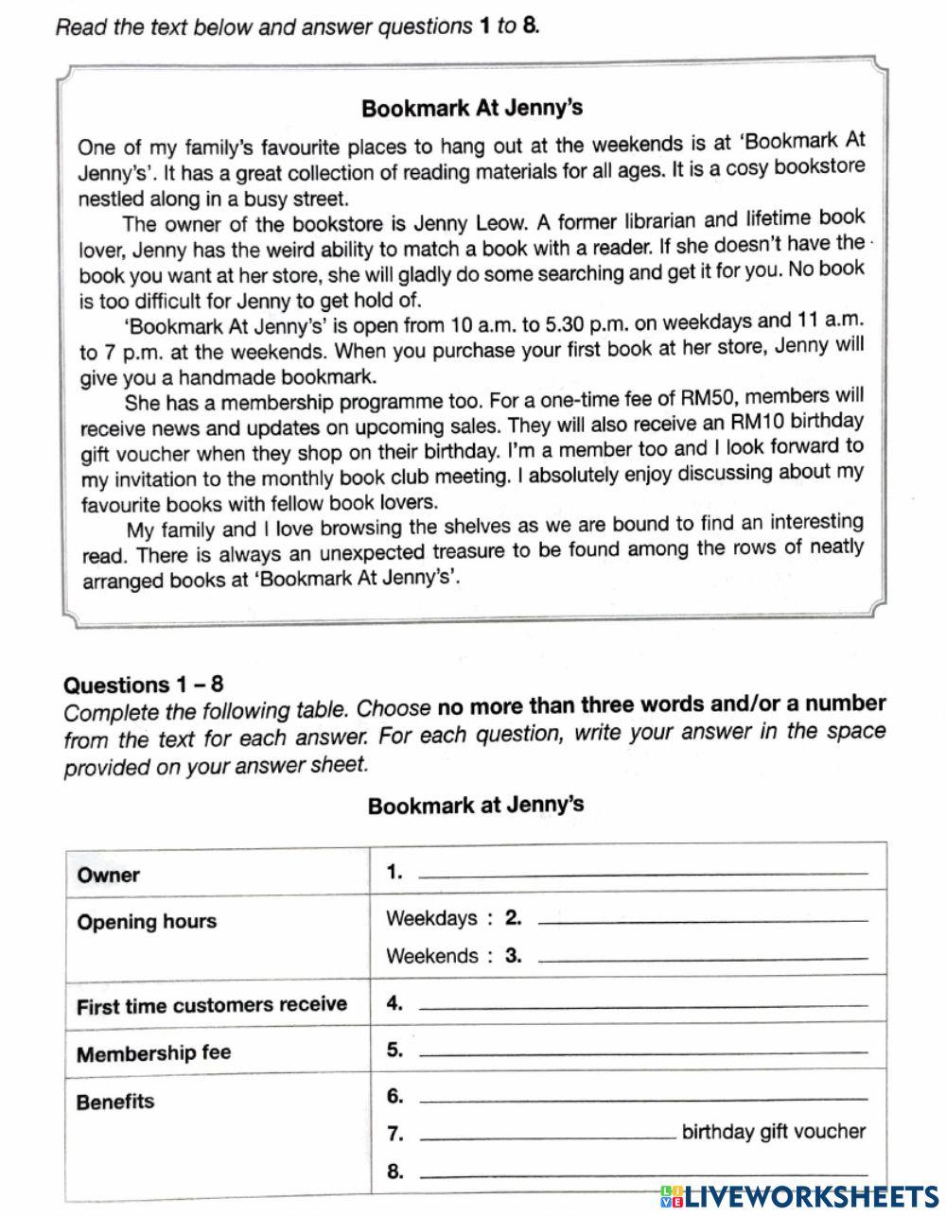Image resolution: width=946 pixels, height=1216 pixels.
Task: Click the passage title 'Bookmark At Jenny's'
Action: (471, 108)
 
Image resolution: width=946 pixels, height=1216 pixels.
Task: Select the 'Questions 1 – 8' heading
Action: (143, 685)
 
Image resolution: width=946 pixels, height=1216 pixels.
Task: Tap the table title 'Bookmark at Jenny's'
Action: (475, 806)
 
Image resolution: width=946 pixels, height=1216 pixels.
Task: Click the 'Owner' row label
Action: (108, 875)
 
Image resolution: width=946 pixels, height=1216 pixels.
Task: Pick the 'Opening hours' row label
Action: (147, 922)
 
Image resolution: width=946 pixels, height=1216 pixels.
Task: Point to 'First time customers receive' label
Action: (212, 1005)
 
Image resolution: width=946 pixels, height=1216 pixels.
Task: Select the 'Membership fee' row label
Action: (153, 1053)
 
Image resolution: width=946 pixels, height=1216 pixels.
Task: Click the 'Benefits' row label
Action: (115, 1102)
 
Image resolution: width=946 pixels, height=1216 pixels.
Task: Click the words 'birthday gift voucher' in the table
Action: (773, 1131)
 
